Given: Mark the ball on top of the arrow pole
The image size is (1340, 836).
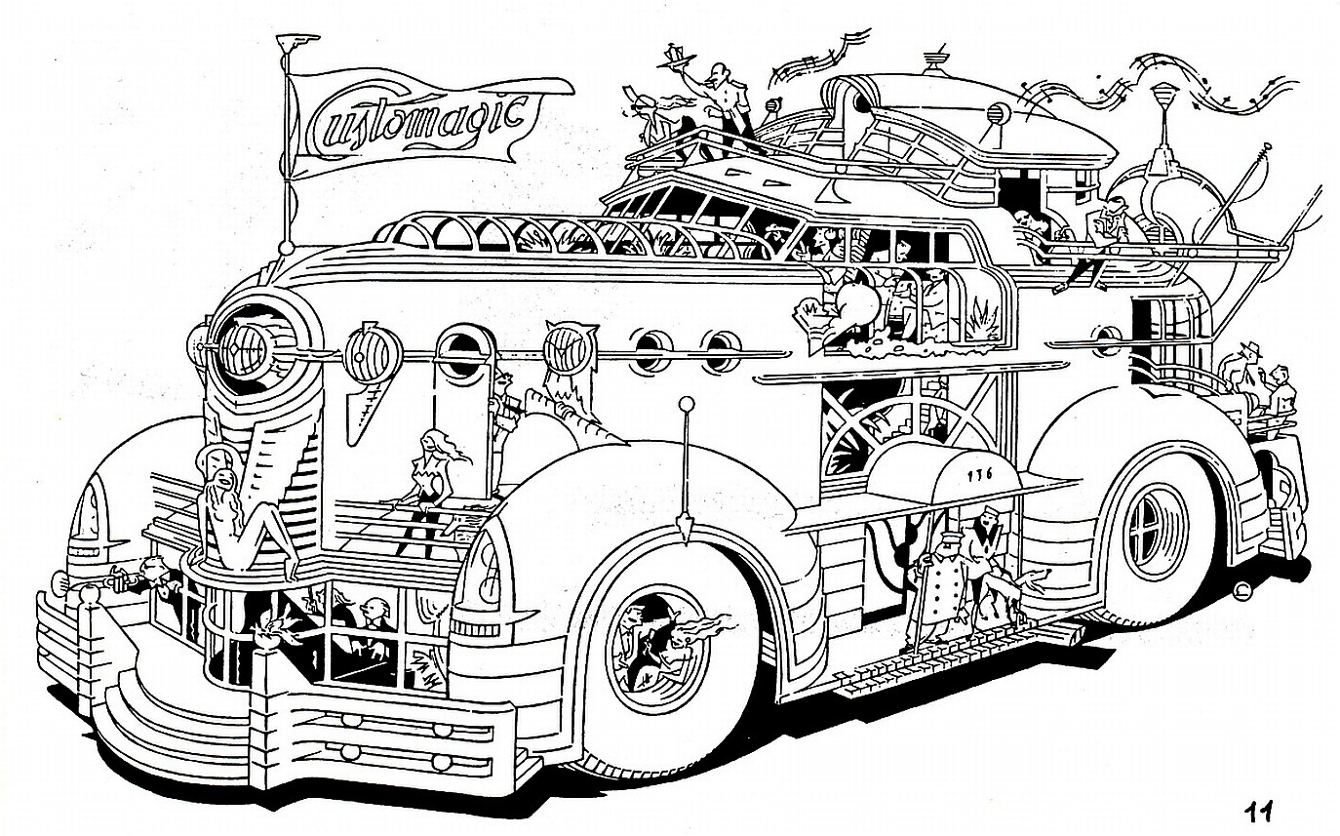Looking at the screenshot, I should coord(687,402).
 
